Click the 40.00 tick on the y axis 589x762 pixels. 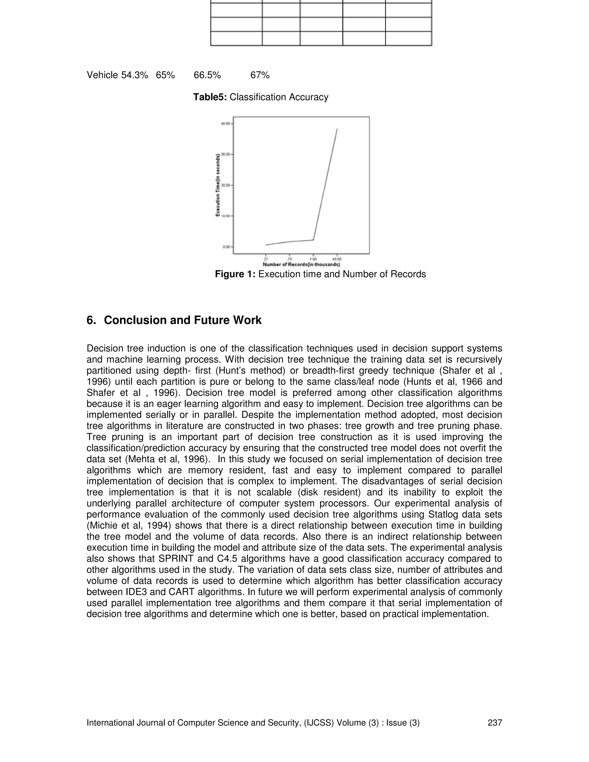[225, 124]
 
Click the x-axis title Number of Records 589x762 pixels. [301, 265]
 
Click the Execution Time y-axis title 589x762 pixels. [218, 185]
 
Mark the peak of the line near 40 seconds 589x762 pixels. [337, 129]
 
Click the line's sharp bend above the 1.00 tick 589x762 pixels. [313, 240]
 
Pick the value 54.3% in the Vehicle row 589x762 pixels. [135, 75]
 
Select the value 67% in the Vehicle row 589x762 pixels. [260, 75]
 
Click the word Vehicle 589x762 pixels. [102, 75]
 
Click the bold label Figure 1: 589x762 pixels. [236, 274]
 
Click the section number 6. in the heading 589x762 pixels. [91, 320]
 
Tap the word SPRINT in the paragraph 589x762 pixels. [176, 559]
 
